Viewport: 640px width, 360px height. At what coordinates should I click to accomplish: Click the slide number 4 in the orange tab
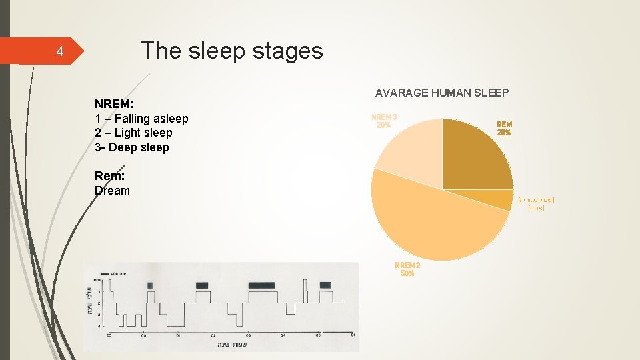59,51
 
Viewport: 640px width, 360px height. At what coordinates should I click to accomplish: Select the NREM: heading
115,104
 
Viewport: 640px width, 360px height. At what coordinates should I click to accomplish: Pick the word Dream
112,191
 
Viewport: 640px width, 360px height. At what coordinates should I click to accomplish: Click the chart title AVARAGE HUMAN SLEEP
442,93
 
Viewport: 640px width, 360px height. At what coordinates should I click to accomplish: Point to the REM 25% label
504,128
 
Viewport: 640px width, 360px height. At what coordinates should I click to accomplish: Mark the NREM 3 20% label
383,121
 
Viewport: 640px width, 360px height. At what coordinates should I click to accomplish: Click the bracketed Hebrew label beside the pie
536,204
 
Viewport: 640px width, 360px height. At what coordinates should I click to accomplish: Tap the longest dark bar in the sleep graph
261,285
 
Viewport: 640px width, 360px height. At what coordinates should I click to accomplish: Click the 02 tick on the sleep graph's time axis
213,335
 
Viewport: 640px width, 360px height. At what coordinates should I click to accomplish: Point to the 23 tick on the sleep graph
108,335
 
